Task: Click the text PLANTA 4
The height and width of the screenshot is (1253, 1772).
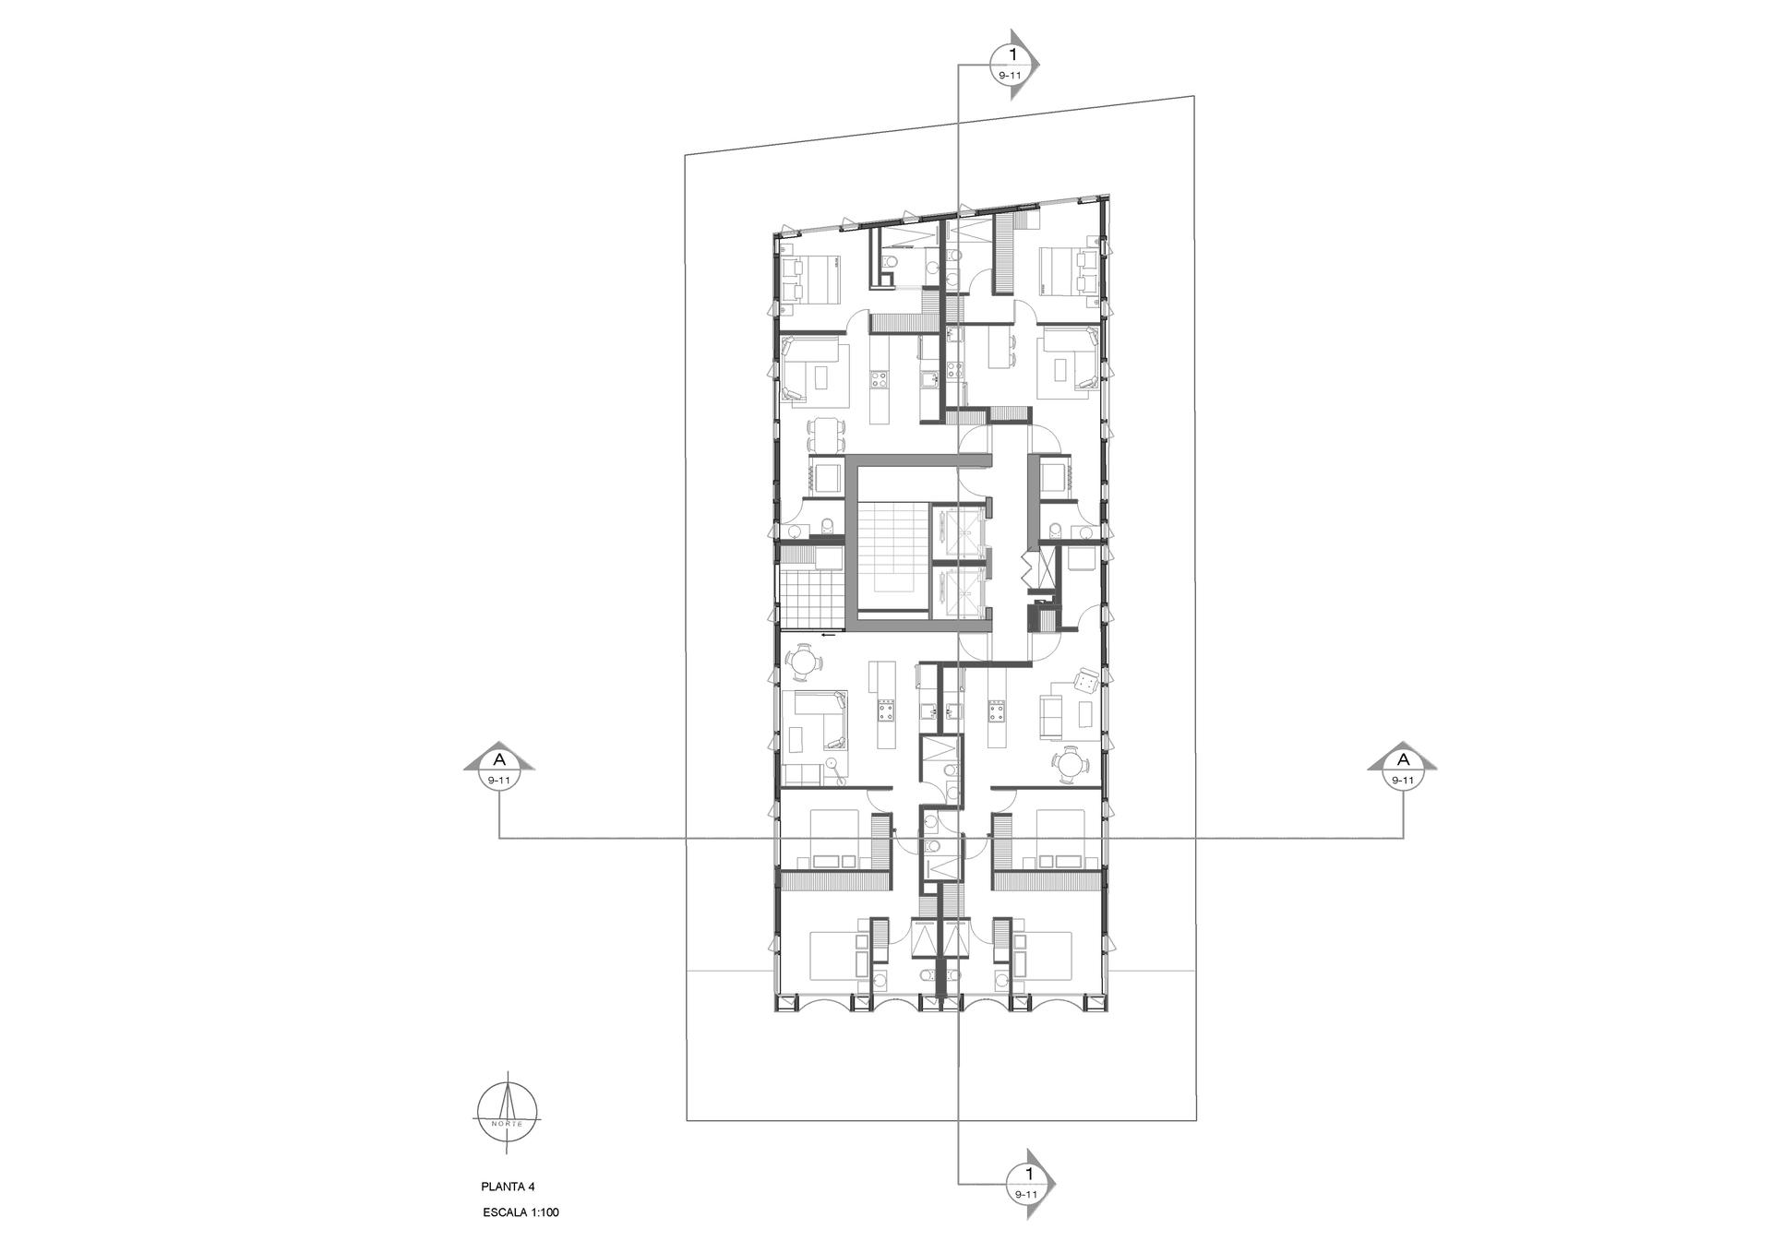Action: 508,1187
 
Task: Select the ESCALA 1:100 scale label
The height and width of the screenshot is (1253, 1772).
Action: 521,1212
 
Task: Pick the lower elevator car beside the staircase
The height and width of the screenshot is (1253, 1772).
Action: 957,591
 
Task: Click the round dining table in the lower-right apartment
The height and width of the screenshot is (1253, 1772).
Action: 1071,763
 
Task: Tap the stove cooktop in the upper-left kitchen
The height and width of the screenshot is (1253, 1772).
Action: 233,378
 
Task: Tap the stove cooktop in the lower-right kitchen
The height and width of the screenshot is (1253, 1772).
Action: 997,710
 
